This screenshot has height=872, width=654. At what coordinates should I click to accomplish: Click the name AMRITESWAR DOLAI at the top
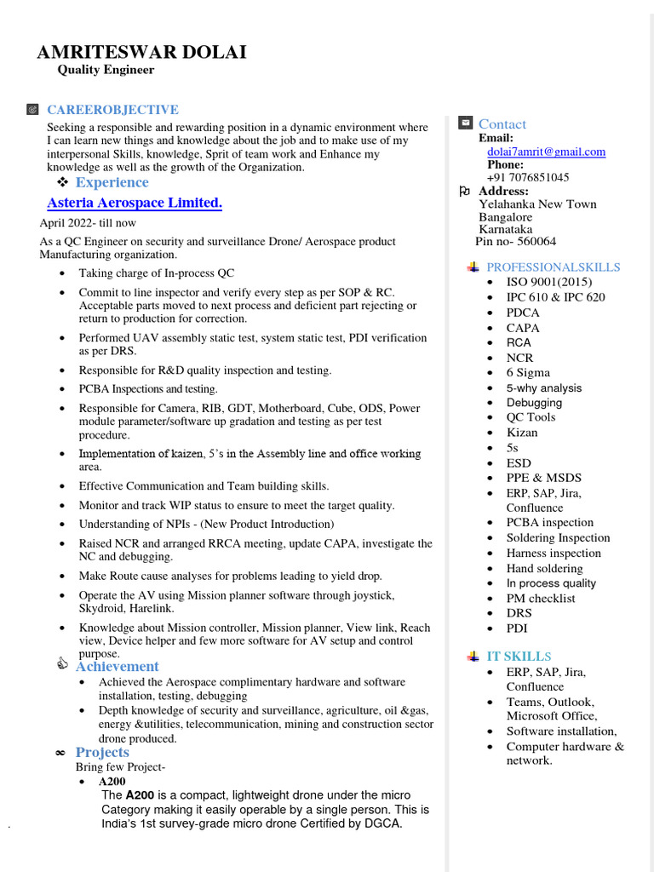pyautogui.click(x=141, y=52)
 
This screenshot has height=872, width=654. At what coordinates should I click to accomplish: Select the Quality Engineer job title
pyautogui.click(x=106, y=70)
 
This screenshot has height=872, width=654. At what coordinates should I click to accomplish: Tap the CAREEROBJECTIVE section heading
pyautogui.click(x=112, y=110)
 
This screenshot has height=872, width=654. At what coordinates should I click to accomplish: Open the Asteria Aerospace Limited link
pyautogui.click(x=135, y=203)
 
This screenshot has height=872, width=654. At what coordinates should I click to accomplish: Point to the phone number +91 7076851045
pyautogui.click(x=528, y=178)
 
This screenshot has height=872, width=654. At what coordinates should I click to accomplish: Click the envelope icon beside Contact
pyautogui.click(x=465, y=123)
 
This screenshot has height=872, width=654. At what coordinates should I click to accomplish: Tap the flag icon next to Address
pyautogui.click(x=465, y=192)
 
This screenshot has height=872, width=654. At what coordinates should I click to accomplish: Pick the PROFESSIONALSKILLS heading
pyautogui.click(x=553, y=267)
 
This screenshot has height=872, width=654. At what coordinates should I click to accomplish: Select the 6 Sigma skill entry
pyautogui.click(x=528, y=373)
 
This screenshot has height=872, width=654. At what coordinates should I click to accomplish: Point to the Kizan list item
pyautogui.click(x=522, y=433)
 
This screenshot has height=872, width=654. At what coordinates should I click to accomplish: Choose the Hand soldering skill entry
pyautogui.click(x=544, y=568)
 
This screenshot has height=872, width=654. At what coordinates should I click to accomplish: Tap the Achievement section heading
pyautogui.click(x=117, y=667)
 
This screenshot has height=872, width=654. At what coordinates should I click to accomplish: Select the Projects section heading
pyautogui.click(x=102, y=753)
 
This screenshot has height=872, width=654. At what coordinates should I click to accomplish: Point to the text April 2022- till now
pyautogui.click(x=88, y=223)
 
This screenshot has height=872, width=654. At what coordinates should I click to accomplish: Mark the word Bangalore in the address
pyautogui.click(x=505, y=217)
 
